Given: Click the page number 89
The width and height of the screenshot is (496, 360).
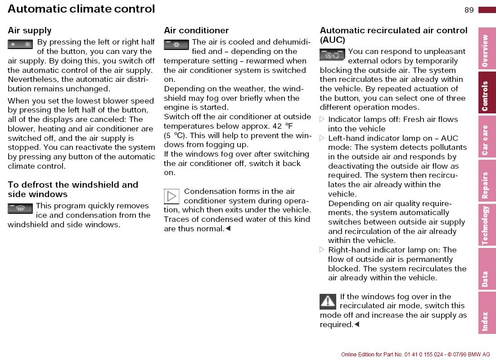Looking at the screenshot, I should [469, 10].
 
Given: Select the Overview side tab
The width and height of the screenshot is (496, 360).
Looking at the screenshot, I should [487, 50].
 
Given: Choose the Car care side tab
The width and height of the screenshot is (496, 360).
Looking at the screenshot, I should [487, 137].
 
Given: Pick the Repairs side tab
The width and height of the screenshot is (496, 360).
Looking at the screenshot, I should [487, 181].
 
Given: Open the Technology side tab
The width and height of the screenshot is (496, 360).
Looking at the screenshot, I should [487, 225].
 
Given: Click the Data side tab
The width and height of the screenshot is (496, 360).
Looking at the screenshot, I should [487, 268].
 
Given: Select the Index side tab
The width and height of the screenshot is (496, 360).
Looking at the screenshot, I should [487, 312].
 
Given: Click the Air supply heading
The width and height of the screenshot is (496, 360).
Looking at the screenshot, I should [30, 31].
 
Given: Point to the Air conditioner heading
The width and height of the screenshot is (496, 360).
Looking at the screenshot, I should [196, 31].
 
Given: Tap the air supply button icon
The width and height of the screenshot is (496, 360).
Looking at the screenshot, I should [20, 44].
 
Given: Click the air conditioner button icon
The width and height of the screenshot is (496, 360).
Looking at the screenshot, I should [176, 45].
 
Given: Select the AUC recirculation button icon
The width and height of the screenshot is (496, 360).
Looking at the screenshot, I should [332, 54].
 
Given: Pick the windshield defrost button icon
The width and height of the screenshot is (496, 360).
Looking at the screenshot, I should [20, 208].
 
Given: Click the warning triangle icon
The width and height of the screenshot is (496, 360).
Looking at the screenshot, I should [328, 301].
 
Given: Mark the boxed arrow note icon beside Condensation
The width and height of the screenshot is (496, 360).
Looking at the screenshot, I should [171, 197].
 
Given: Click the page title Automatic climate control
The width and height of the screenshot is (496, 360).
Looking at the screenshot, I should [81, 9].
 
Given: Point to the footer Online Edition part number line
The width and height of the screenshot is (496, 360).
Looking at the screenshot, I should [415, 355].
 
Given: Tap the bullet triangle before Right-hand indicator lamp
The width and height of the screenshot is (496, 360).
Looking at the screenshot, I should [322, 250].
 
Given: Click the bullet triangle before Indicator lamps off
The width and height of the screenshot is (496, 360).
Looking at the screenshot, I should [322, 119].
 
